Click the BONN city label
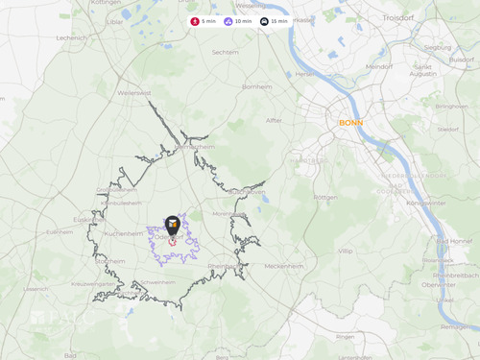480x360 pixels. coord(350,123)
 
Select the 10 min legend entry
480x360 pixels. coord(237,21)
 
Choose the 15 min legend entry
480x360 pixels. coord(275,21)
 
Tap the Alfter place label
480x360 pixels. coord(275,120)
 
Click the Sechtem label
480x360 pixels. coord(225,54)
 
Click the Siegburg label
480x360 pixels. coord(437,47)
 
